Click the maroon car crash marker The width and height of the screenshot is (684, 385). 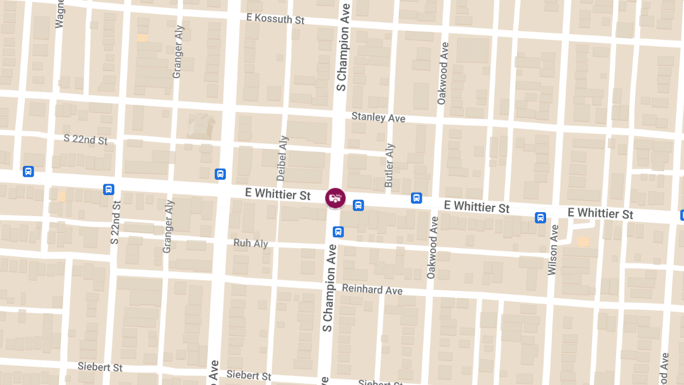coord(335,198)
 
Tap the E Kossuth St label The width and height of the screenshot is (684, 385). coord(275,19)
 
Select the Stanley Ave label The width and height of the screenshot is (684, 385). coord(378,117)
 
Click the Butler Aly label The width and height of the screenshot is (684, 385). coord(389,165)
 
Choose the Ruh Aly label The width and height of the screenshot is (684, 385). coord(251,244)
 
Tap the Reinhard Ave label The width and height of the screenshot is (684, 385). coord(372,290)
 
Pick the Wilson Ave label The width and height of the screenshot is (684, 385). coord(552,250)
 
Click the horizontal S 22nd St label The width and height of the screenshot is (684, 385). coord(85,139)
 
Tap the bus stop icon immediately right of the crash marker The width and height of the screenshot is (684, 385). coord(358,205)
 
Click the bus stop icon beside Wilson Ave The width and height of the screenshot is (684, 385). coord(540,217)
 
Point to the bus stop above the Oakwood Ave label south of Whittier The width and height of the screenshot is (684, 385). coord(417,198)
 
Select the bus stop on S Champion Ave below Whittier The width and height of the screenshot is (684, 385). coord(338,232)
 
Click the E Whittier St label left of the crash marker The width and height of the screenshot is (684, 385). coord(278,194)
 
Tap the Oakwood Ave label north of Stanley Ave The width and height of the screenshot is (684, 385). coord(442,73)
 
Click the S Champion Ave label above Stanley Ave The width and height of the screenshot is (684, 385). coord(343,46)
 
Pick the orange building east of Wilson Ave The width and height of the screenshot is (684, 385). coord(583,242)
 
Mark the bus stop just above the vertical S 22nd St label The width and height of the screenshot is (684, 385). coord(109,189)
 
